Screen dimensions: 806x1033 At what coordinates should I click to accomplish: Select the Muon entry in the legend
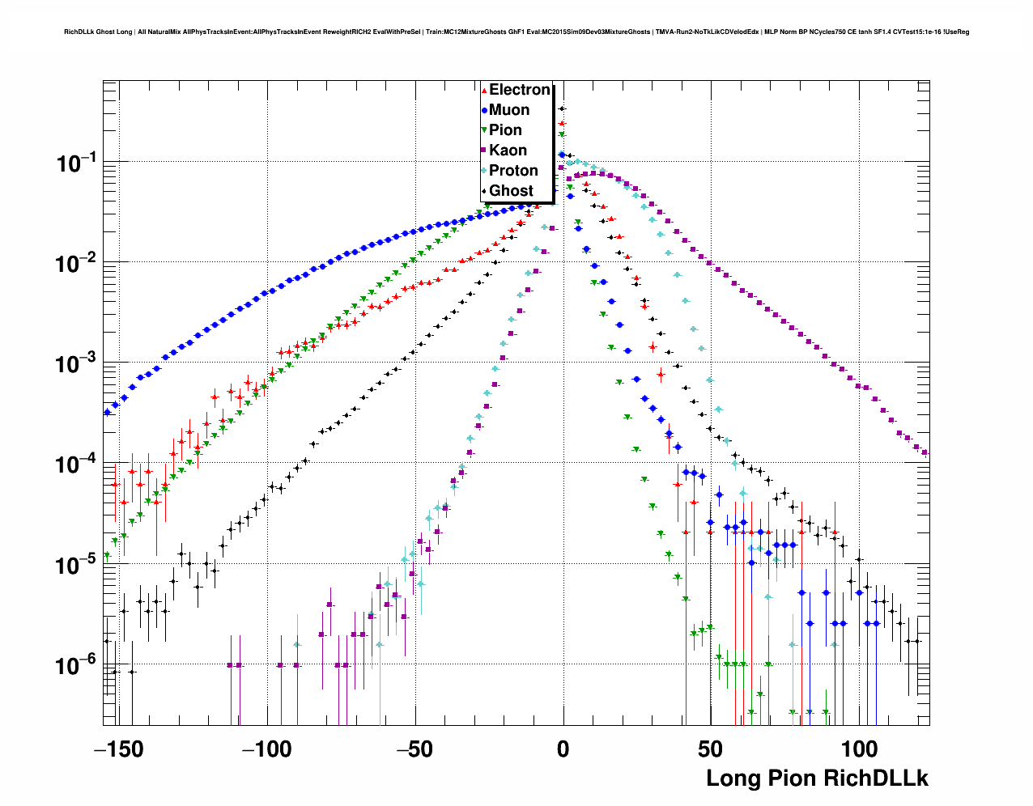509,110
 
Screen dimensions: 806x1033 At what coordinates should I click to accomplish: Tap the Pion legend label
505,130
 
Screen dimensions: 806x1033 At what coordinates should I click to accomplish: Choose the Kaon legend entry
508,151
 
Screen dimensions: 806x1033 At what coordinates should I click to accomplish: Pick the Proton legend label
513,171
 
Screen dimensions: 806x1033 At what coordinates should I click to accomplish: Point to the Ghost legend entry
511,191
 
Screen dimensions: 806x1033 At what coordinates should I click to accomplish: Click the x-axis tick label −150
119,749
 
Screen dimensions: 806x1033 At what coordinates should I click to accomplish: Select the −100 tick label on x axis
267,749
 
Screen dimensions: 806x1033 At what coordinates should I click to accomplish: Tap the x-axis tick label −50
415,749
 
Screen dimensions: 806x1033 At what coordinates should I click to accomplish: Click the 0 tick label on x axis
563,749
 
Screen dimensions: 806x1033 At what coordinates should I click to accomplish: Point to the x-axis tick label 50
712,749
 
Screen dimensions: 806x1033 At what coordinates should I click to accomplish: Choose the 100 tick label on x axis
860,749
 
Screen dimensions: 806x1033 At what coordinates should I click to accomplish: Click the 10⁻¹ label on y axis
77,163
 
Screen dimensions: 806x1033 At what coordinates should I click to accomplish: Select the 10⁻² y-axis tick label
77,263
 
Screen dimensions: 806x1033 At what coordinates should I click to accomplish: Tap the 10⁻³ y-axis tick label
77,363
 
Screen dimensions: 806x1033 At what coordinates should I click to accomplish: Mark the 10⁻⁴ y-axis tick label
77,465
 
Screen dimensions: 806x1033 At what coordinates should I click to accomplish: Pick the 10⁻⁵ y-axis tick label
77,565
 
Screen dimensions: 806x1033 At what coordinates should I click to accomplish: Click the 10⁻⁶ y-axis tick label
77,665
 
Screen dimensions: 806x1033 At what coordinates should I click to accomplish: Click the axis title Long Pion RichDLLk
817,778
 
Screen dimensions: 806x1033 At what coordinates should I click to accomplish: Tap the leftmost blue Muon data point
107,412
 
